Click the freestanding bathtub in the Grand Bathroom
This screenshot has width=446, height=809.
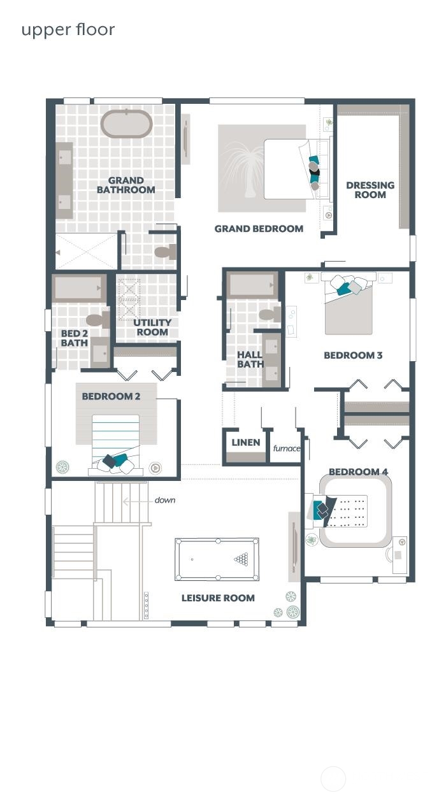[126, 124]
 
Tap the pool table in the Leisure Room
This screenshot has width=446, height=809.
[217, 559]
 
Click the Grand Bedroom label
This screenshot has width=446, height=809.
[259, 229]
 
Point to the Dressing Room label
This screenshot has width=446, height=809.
[370, 190]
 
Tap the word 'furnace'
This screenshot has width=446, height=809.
[287, 448]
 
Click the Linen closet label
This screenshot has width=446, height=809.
[245, 443]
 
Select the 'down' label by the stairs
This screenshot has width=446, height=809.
[165, 500]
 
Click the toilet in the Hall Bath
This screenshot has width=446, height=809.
[270, 314]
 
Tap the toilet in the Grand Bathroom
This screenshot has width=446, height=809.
[166, 252]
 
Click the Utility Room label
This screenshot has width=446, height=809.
[152, 327]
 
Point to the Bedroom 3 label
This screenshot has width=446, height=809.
[353, 355]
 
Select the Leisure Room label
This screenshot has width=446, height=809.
[218, 598]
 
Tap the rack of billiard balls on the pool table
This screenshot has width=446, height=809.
[241, 559]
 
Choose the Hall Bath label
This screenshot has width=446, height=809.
[250, 359]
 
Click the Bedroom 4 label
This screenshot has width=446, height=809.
[358, 471]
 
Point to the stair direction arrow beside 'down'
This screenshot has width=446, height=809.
[137, 502]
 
